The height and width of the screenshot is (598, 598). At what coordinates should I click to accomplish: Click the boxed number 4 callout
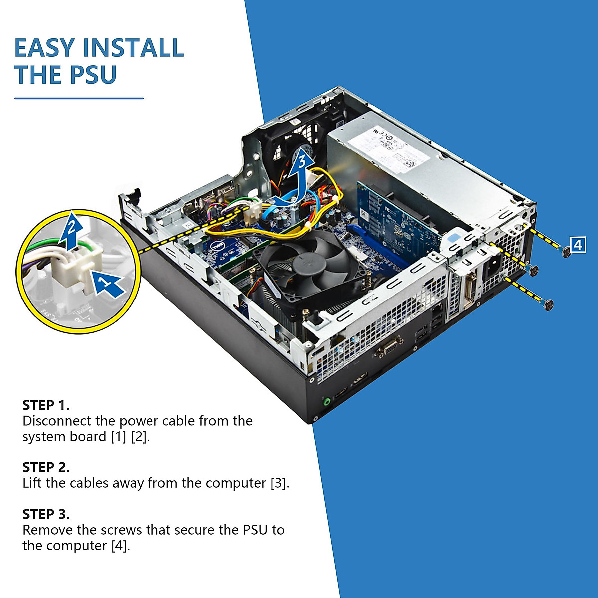pyautogui.click(x=577, y=245)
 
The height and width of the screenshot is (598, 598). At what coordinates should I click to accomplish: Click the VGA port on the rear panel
pyautogui.click(x=389, y=346)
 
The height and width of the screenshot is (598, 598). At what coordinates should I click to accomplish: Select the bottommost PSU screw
pyautogui.click(x=549, y=305)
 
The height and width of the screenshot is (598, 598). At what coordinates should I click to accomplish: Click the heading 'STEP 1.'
pyautogui.click(x=46, y=404)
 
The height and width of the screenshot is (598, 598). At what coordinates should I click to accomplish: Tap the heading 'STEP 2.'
pyautogui.click(x=46, y=467)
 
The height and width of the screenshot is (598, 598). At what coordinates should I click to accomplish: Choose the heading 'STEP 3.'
pyautogui.click(x=46, y=514)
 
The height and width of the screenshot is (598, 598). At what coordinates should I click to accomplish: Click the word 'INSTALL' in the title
pyautogui.click(x=134, y=48)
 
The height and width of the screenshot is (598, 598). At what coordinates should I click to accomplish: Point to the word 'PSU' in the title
pyautogui.click(x=93, y=75)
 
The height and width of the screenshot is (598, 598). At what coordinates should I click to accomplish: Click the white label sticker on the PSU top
pyautogui.click(x=391, y=145)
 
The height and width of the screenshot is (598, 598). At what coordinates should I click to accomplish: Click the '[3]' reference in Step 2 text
pyautogui.click(x=280, y=483)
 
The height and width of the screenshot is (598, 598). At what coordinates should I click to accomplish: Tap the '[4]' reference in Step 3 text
pyautogui.click(x=120, y=546)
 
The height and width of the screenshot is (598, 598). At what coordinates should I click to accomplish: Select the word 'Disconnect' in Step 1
pyautogui.click(x=57, y=421)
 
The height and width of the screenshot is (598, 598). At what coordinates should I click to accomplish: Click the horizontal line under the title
pyautogui.click(x=79, y=98)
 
